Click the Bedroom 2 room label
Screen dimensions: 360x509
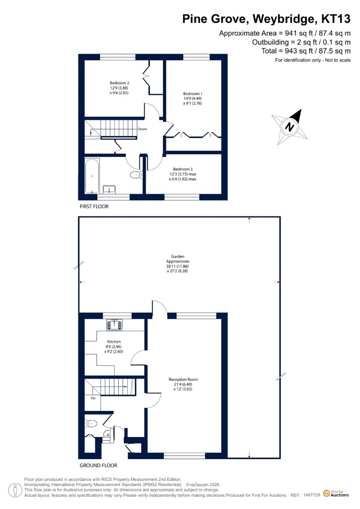coord(119,83)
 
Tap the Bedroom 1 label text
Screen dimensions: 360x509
coord(193,94)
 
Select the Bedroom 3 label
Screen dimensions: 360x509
coord(183,169)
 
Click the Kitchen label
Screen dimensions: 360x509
coord(114,342)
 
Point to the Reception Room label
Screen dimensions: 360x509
coord(183,379)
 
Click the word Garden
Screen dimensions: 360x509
coord(178,257)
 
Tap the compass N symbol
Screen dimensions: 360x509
coord(289,126)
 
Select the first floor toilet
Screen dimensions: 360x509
coord(136,175)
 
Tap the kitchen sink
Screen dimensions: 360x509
coord(115,325)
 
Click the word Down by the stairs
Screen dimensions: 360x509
coord(143,129)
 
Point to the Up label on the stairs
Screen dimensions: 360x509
coord(93,398)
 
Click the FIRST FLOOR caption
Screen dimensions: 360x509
coord(94,207)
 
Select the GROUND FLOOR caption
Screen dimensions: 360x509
coord(99,465)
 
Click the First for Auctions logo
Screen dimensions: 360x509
coord(336,494)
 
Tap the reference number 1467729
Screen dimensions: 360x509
coord(312,495)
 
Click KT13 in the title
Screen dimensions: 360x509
coord(336,19)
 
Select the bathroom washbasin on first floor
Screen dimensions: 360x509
coord(109,189)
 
